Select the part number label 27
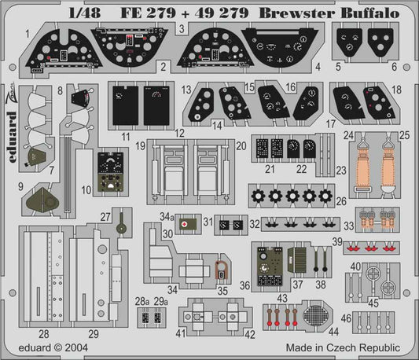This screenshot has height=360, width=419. tap(105, 219)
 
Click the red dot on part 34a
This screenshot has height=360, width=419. tap(184, 223)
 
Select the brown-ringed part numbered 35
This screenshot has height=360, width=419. tap(222, 272)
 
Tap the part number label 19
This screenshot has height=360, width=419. tap(139, 146)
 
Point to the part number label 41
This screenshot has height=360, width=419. tap(181, 332)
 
